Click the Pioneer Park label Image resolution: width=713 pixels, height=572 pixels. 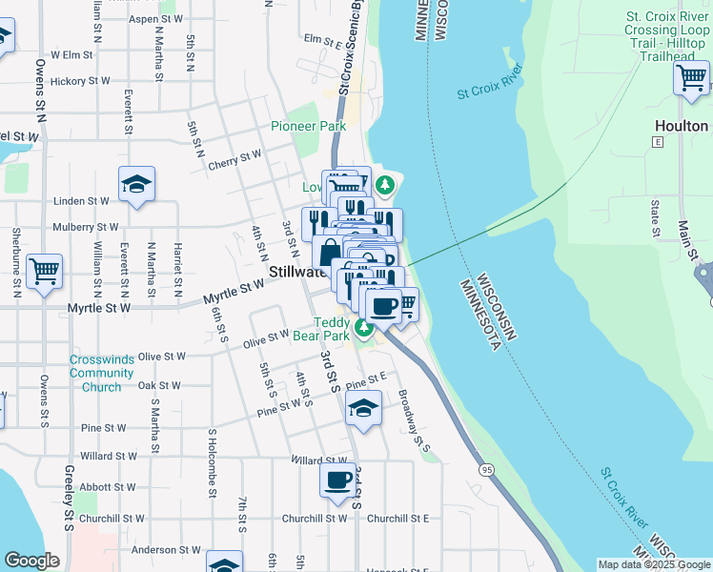tap(308, 126)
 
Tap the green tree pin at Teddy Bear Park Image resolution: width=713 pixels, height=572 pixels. tap(363, 330)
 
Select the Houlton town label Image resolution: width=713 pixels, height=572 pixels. tap(681, 126)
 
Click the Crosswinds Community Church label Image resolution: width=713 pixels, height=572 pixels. tap(95, 374)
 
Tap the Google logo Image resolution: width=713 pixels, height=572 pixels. tap(31, 560)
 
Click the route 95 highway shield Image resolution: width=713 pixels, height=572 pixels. tap(487, 470)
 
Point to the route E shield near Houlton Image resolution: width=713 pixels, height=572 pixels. tap(657, 141)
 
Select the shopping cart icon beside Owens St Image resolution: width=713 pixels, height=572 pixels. tap(44, 272)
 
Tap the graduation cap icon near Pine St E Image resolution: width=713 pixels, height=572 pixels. tap(363, 408)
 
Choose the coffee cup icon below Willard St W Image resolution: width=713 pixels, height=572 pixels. tap(338, 480)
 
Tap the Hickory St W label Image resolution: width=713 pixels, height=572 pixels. tap(82, 82)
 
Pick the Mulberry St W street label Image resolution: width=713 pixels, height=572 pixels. tap(86, 228)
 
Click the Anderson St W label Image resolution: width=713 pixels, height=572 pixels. tap(166, 550)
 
